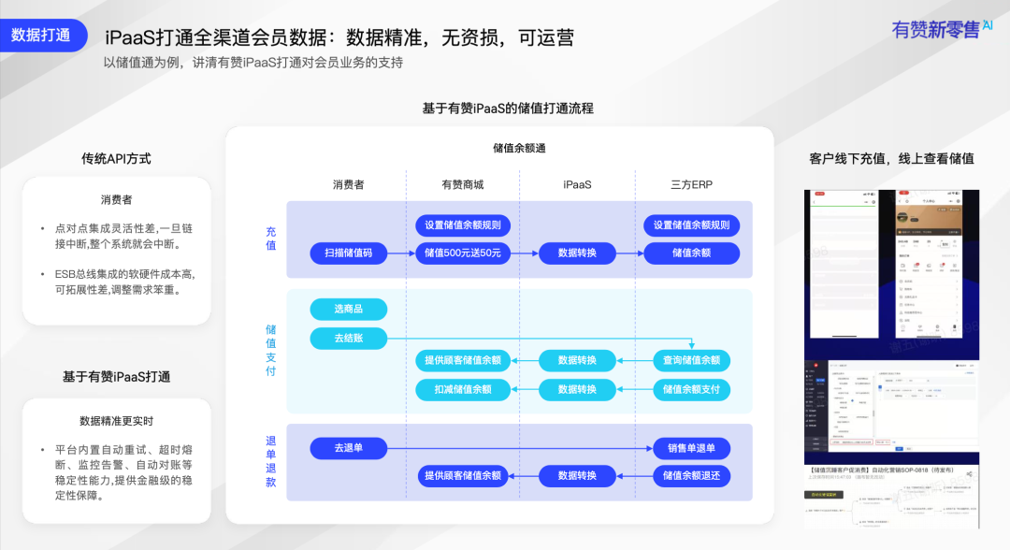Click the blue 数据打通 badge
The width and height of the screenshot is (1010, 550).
(x=41, y=36)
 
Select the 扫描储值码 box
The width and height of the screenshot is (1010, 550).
(x=348, y=253)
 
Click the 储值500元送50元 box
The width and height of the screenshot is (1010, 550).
(x=463, y=253)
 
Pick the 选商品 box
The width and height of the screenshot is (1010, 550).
(x=348, y=310)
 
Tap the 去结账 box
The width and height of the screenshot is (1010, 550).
(x=348, y=337)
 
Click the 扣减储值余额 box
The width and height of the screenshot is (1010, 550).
(x=463, y=389)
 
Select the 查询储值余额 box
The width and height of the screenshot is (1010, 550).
(x=692, y=360)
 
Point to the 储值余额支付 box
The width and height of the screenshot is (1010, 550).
(x=692, y=389)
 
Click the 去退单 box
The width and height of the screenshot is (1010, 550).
(x=348, y=448)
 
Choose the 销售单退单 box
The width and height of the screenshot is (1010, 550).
(x=692, y=448)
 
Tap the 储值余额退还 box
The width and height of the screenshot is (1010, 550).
(x=692, y=476)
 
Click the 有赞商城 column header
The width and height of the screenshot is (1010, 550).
(x=463, y=185)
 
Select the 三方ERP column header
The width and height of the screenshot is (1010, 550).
(x=692, y=185)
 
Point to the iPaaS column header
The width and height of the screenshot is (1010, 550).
(x=577, y=185)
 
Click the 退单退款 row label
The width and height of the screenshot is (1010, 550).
(x=271, y=461)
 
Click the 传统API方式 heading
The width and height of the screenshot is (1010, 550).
(x=116, y=159)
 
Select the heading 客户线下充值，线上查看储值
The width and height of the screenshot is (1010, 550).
(x=891, y=159)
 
